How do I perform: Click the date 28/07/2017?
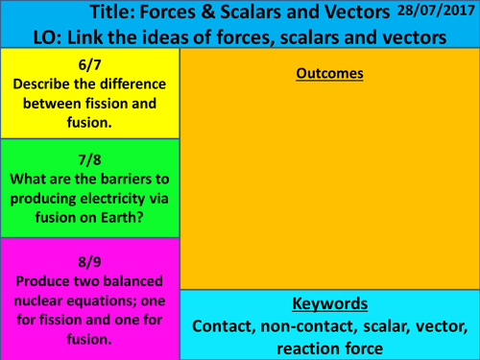click(x=436, y=12)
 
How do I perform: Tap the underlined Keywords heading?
click(x=329, y=304)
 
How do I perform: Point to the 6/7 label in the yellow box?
click(x=90, y=63)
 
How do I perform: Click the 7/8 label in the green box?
click(x=90, y=156)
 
